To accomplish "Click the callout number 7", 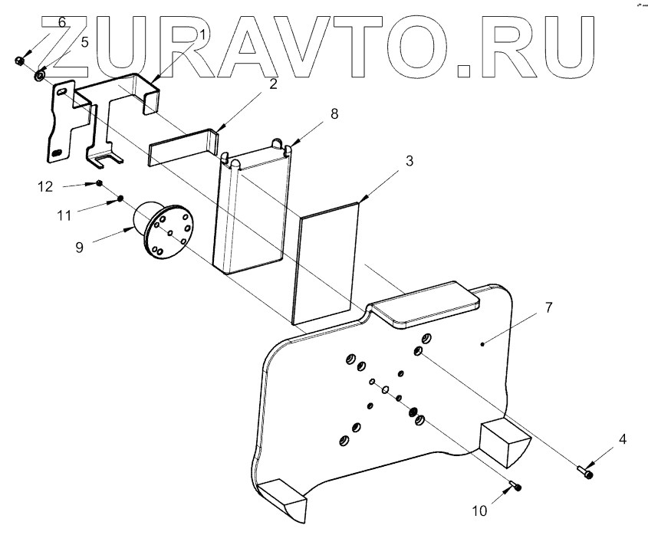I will tap(548, 307).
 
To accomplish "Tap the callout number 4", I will tap(623, 440).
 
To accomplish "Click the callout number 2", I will tap(272, 85).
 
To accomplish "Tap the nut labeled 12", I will tap(100, 183).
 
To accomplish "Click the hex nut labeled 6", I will tap(20, 60).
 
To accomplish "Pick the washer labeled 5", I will tap(38, 75).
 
